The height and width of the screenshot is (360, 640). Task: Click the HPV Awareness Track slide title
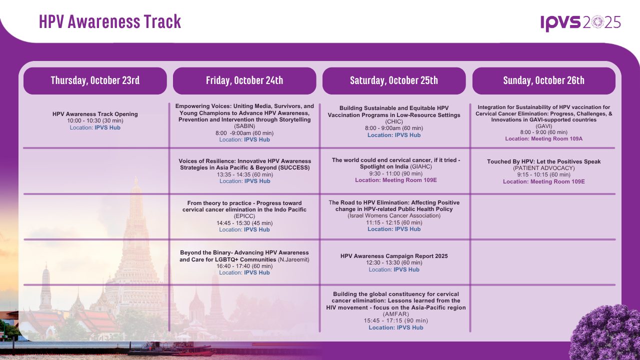click(110, 21)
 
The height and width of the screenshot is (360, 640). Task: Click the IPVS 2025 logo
click(580, 23)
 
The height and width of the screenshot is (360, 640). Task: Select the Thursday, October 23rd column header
click(95, 80)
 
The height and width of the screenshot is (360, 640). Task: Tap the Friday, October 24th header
click(244, 80)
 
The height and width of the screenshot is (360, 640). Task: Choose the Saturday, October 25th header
click(394, 80)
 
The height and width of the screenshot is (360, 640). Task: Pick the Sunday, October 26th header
click(543, 80)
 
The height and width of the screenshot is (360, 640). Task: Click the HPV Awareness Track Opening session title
click(95, 114)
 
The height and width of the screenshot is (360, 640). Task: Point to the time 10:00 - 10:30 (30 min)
click(95, 120)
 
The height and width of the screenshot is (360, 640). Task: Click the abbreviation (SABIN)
click(244, 126)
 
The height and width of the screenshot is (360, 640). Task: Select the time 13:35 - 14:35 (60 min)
click(245, 174)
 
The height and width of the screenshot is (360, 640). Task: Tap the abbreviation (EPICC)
click(244, 216)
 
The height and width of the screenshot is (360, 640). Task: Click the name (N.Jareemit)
click(293, 259)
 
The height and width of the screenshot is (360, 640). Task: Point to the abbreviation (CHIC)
click(394, 121)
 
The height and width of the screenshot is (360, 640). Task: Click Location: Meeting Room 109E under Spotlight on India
click(396, 180)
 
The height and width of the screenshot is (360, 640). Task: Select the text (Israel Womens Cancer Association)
click(394, 215)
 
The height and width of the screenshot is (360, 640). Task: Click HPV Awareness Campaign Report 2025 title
click(394, 256)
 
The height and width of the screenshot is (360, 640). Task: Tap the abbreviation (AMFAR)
click(396, 314)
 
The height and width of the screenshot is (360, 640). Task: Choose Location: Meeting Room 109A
click(543, 138)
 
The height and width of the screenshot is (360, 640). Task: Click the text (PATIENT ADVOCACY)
click(543, 168)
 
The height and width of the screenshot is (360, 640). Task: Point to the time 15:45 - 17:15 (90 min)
click(396, 320)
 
